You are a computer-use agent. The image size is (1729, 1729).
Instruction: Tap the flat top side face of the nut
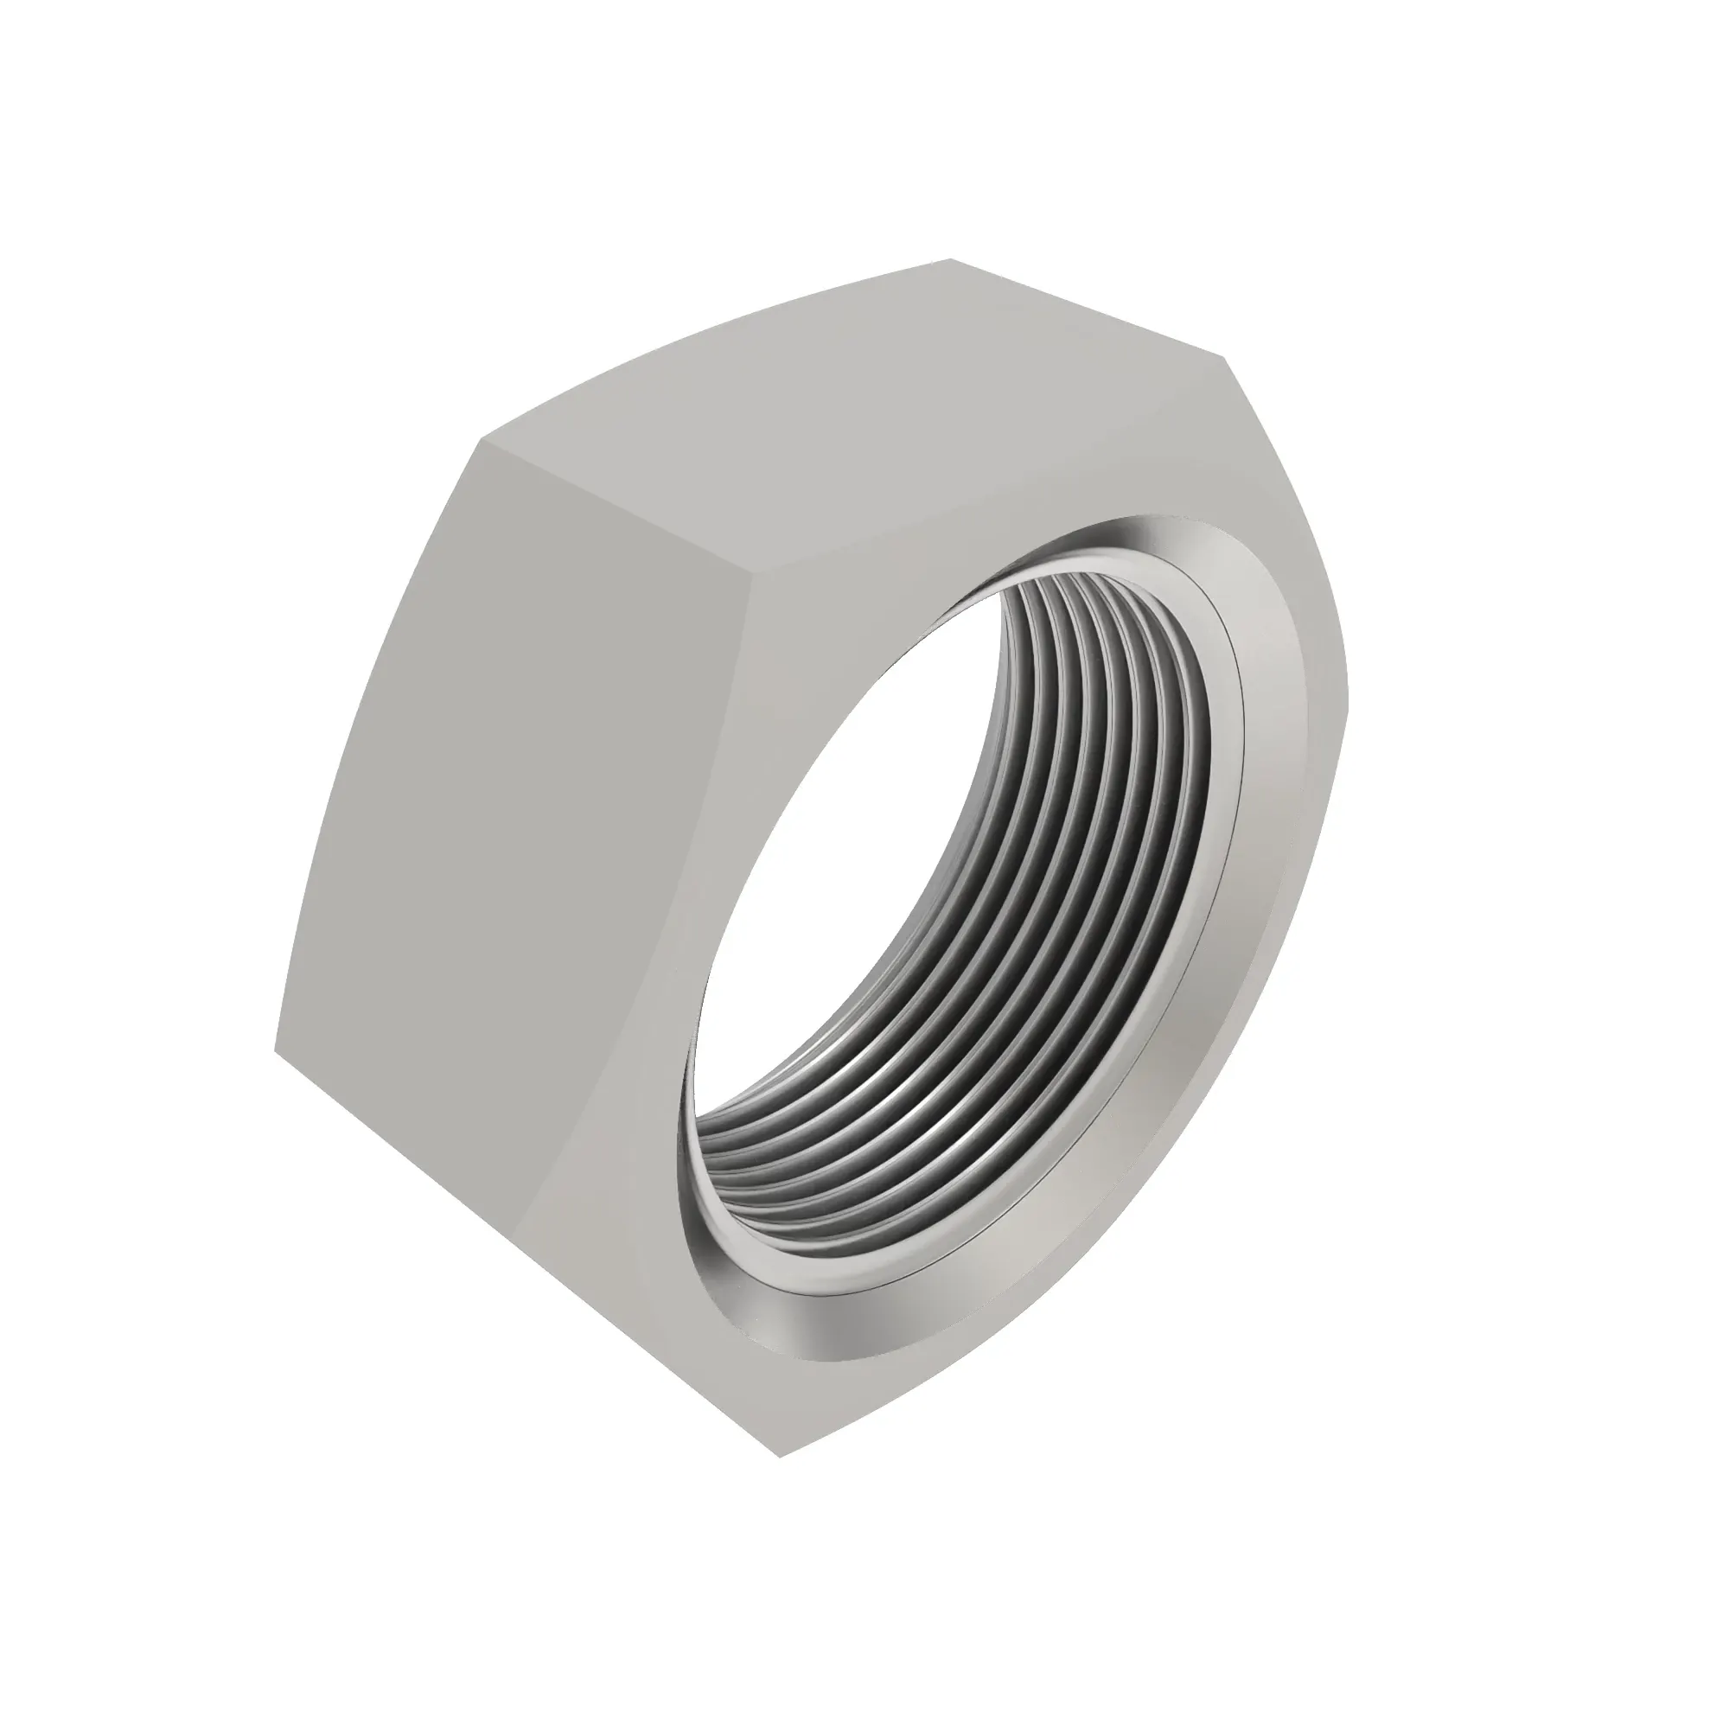(x=850, y=421)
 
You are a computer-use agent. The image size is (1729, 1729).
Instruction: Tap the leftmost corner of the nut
(x=274, y=1047)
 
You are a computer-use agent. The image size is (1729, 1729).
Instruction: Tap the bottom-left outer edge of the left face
(x=528, y=1253)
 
